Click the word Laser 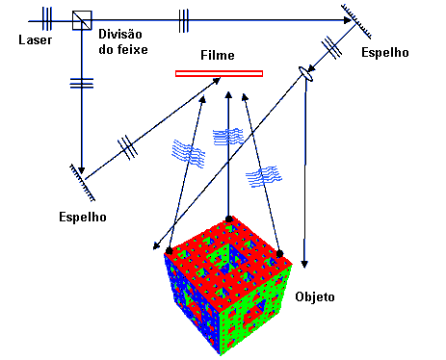pos(36,39)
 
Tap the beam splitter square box pos(82,20)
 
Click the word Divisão pos(120,34)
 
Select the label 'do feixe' pos(123,49)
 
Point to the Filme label pos(218,55)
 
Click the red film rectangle pos(219,74)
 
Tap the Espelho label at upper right pos(385,52)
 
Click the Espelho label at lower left pos(83,217)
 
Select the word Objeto pos(315,296)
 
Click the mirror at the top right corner pos(356,22)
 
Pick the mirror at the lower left pos(83,183)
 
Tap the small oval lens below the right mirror pos(305,74)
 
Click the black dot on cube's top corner pos(228,219)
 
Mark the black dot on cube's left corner pos(169,250)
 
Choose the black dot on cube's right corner pos(279,254)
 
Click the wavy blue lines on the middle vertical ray pos(228,137)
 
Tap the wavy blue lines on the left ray pos(189,154)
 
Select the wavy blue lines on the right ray pos(264,176)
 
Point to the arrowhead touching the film pos(217,80)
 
